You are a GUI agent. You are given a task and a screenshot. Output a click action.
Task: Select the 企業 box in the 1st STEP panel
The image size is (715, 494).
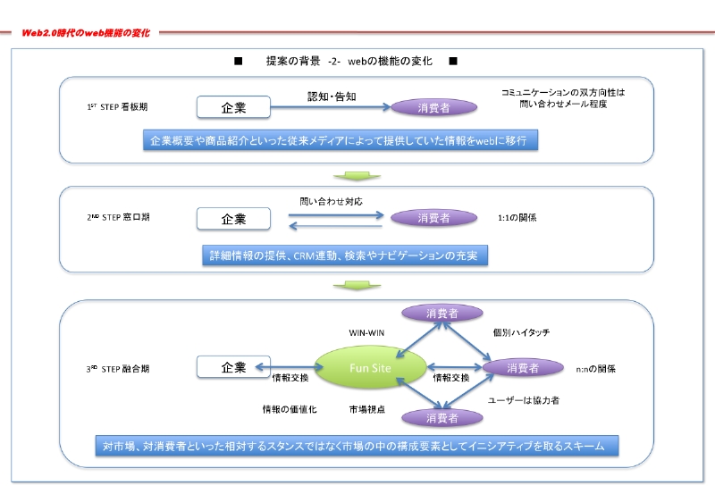232,107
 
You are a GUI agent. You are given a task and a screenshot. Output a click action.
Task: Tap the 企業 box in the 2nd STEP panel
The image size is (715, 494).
232,218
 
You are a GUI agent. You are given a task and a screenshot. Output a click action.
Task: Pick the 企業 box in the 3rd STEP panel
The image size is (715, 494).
232,367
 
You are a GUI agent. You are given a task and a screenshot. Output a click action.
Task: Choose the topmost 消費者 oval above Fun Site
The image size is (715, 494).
442,314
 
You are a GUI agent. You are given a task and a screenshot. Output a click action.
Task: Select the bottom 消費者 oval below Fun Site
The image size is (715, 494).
442,417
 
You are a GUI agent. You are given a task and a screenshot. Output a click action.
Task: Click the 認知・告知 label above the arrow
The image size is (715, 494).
332,96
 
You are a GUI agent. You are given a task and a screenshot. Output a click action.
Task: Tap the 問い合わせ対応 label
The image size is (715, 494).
332,202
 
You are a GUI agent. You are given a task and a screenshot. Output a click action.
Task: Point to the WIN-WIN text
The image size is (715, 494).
367,332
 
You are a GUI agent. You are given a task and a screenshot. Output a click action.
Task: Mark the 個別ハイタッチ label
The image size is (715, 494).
521,332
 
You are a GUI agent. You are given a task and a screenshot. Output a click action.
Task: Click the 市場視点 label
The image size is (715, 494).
367,409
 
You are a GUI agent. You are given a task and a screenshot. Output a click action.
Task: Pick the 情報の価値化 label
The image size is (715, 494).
284,409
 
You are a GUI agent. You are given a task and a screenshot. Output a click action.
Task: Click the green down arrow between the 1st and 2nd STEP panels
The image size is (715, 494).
345,175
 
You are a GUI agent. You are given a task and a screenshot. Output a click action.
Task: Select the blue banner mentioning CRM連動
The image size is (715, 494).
344,255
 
